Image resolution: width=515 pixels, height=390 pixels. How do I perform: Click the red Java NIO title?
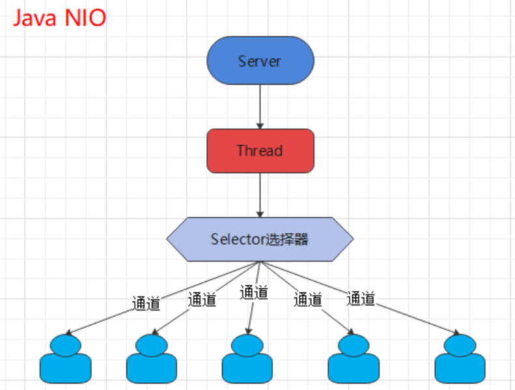59,18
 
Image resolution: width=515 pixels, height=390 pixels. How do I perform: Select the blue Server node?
260,61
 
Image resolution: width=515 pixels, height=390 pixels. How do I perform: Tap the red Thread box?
260,150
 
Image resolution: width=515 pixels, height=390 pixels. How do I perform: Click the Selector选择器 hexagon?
260,239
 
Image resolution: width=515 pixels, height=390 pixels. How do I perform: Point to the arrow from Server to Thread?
260,107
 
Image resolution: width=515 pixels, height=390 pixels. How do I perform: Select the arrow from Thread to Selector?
260,195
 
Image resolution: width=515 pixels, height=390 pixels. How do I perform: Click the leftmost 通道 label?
146,303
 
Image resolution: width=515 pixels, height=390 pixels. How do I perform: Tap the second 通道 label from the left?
202,299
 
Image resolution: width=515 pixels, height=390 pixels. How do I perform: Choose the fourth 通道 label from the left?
307,299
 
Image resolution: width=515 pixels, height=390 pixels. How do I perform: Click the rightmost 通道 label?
361,298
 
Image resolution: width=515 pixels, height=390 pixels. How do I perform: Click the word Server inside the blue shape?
260,61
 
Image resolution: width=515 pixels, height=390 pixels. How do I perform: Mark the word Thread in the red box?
260,150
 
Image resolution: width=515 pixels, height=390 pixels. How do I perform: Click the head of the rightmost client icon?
460,344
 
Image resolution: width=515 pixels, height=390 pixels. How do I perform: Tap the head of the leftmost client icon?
65,344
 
